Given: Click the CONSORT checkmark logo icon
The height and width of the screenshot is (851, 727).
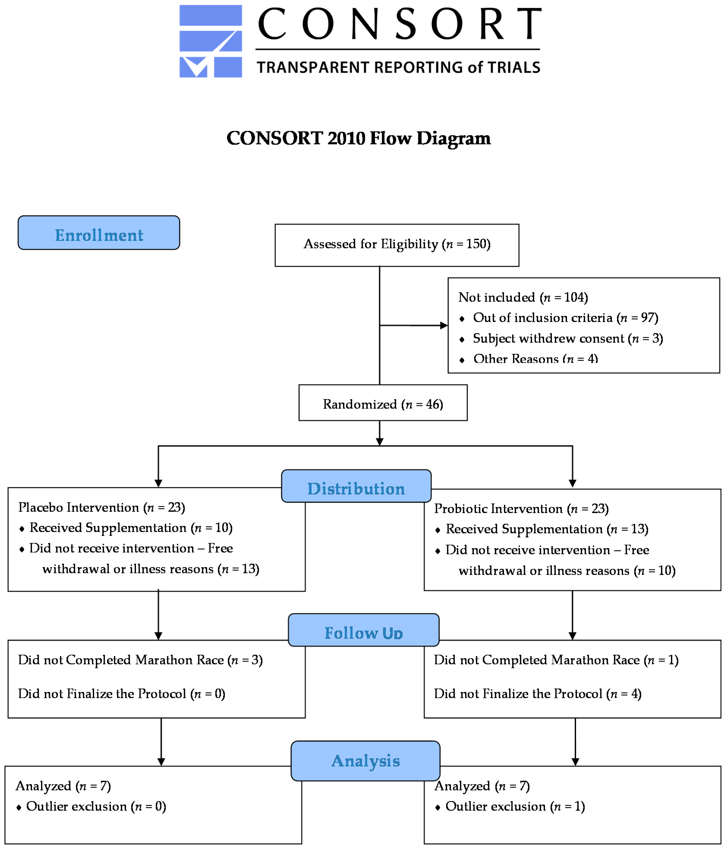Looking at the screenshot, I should point(210,41).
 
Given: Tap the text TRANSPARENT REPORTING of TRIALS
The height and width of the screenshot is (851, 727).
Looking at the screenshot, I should point(398,67).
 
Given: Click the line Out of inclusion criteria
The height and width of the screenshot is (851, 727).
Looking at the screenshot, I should point(564,317).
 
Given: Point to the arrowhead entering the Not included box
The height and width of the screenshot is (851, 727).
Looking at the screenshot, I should point(444,325).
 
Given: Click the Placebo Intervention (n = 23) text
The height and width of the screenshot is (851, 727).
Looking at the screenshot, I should point(101,507).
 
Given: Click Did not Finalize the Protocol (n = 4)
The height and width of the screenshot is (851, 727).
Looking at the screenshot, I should point(537,694).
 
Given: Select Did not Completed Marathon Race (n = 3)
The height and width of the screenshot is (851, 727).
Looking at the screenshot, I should point(140,660).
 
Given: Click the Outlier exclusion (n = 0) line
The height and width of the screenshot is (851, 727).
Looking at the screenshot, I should point(96,806).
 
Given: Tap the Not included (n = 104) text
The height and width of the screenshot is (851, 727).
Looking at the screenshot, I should point(523,297).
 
